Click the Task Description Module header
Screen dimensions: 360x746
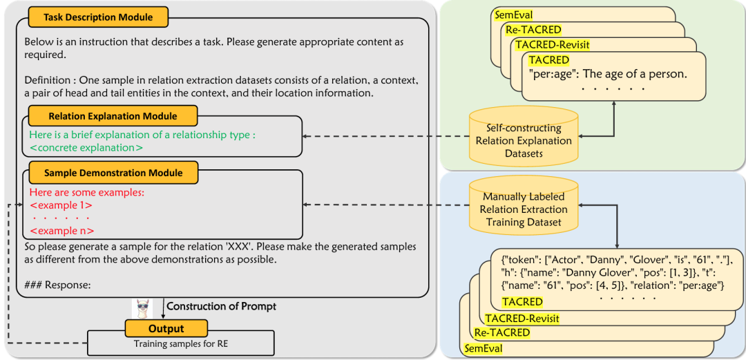coord(98,16)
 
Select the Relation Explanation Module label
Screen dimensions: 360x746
coord(113,116)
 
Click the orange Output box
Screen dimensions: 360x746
coord(166,329)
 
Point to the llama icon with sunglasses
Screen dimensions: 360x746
coord(142,307)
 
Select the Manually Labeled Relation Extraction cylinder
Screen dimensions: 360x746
coord(525,203)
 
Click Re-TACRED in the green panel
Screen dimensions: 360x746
coord(533,30)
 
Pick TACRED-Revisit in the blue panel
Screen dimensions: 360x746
coord(522,318)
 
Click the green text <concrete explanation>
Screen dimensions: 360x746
coord(86,147)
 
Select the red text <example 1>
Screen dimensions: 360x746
coord(61,205)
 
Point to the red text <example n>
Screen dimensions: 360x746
coord(61,231)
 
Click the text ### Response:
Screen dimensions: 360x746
coord(57,284)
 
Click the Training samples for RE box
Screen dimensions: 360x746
coord(180,343)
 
